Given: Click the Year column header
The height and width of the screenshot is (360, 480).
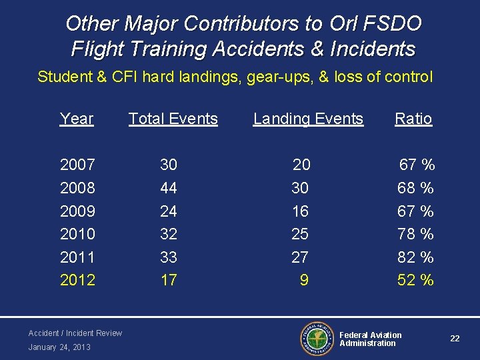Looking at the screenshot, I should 77,119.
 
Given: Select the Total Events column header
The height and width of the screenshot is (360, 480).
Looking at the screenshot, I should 173,119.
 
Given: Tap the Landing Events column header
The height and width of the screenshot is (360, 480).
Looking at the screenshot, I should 308,119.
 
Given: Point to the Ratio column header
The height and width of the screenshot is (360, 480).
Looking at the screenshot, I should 413,119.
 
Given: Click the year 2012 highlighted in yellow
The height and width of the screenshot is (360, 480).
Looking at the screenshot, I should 77,280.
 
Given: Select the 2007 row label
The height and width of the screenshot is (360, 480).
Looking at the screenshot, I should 77,164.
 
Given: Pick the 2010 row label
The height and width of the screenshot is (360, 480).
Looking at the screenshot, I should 77,234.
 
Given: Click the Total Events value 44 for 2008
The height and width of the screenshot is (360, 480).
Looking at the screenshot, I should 169,188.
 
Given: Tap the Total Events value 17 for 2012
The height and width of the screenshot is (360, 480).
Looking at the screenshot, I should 169,280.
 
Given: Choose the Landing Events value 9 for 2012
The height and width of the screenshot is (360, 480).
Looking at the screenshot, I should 304,280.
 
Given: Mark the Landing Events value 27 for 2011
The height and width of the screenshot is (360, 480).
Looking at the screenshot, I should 301,257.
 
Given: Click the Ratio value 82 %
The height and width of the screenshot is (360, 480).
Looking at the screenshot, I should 415,257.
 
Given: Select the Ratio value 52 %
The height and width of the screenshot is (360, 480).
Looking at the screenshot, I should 415,280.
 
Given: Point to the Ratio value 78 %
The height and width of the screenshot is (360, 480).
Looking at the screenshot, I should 415,234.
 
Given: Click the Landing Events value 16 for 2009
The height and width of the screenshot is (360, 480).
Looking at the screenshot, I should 301,211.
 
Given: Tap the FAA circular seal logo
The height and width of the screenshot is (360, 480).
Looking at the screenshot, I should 315,339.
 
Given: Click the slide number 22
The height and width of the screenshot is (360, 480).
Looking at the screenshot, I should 455,339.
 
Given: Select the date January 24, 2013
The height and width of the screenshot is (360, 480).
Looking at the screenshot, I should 59,347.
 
